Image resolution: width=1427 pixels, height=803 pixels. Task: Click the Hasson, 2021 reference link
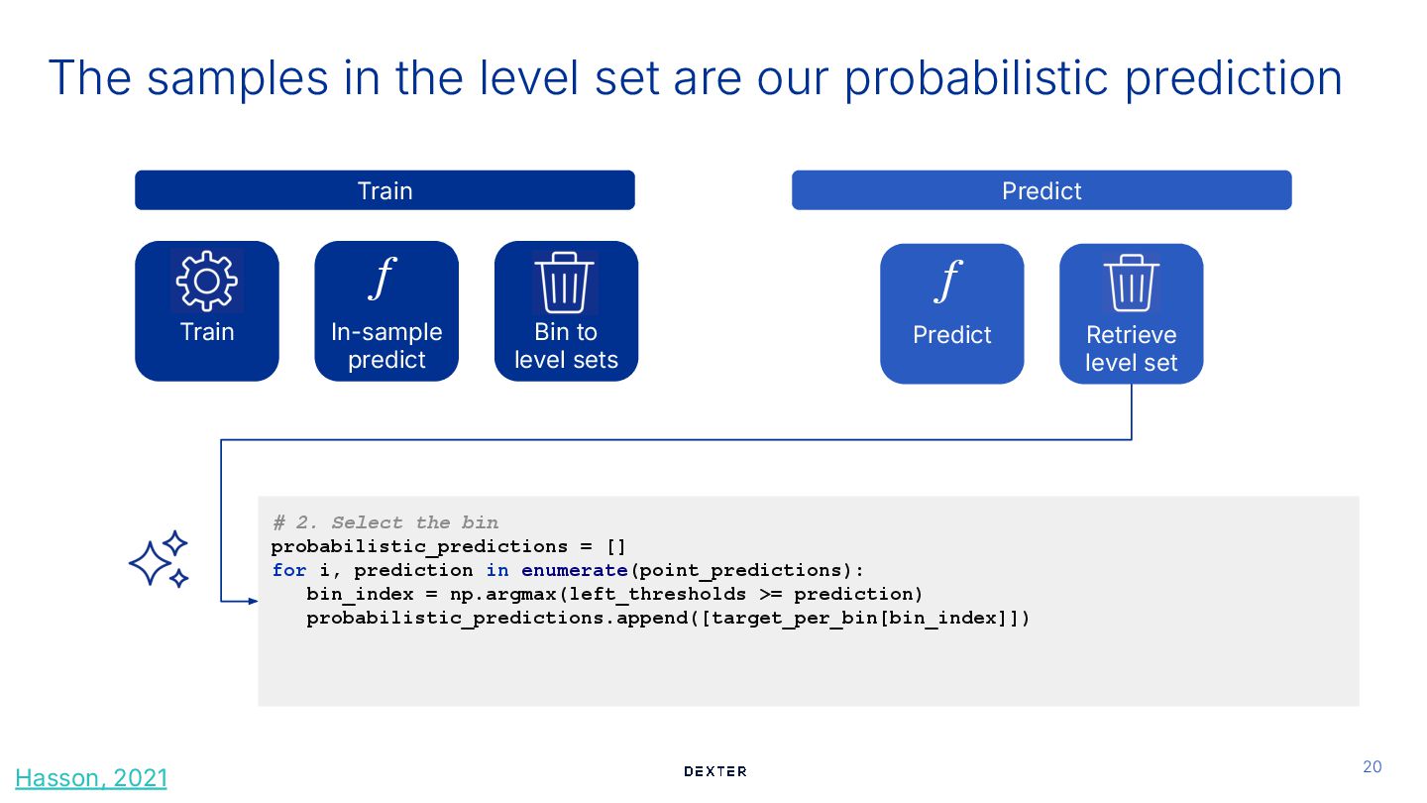(91, 778)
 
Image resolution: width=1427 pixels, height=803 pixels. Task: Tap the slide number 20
(1372, 766)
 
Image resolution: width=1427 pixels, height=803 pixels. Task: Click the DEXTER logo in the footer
(714, 771)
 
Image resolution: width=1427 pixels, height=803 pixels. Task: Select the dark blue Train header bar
(384, 190)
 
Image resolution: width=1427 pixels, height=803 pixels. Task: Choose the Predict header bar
(1041, 190)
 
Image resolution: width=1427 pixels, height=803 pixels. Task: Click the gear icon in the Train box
(207, 282)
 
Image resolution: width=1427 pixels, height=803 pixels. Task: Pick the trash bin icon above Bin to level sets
(565, 284)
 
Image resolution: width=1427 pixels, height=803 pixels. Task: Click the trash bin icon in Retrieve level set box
(1131, 286)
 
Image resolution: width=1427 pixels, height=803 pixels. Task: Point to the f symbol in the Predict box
(948, 282)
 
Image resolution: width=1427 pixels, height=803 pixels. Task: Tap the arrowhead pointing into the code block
(252, 601)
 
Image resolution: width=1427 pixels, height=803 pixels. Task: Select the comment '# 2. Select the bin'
(385, 522)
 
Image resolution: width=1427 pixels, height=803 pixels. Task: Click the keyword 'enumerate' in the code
(574, 570)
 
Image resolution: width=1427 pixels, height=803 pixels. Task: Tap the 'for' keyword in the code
(289, 570)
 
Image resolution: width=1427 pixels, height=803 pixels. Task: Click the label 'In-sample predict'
(386, 346)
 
